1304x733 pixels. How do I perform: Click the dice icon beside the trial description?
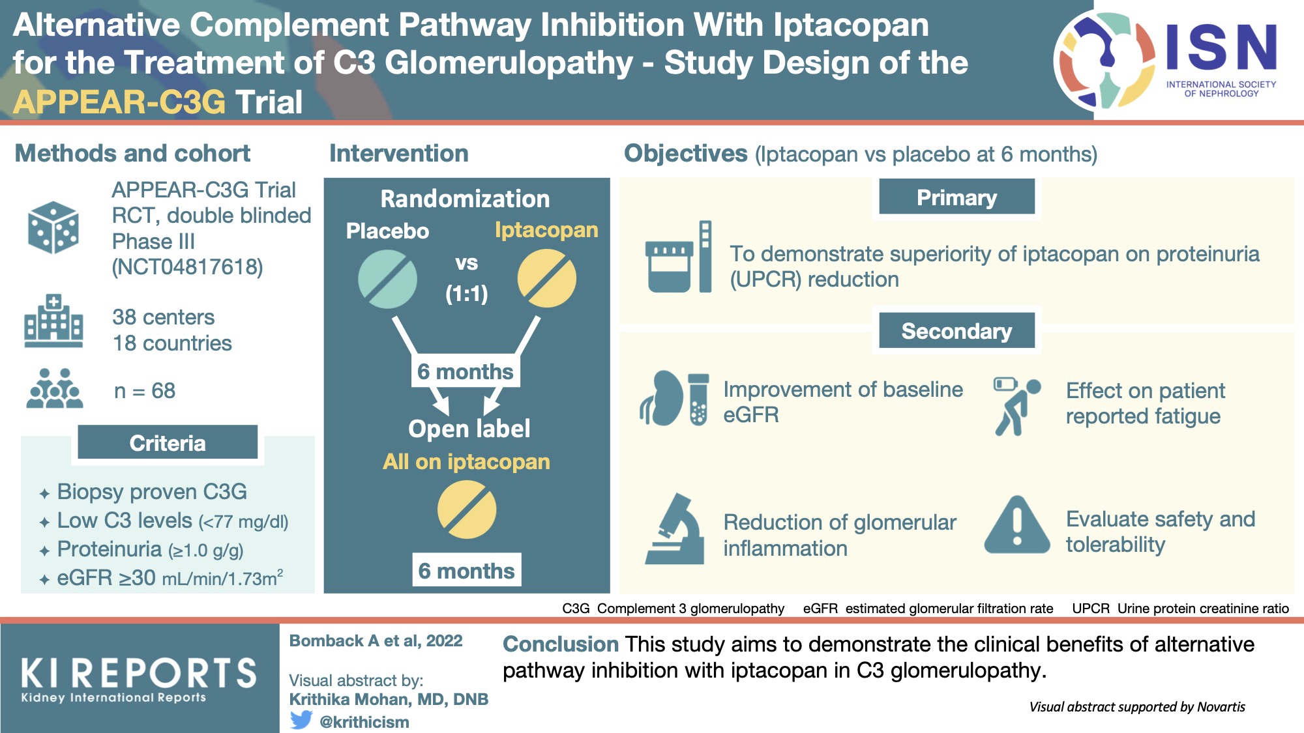53,227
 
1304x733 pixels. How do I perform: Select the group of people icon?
55,389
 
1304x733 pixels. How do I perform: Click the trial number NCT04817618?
188,267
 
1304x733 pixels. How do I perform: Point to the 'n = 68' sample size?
145,391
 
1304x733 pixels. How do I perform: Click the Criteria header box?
168,443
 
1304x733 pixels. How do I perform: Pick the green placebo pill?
388,280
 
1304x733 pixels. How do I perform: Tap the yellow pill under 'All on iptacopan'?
467,510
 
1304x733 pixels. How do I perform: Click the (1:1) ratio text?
467,294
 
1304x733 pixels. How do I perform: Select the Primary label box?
956,197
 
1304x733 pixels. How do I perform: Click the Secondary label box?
956,331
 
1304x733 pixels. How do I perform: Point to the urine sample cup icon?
669,266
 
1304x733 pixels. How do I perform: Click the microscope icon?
675,529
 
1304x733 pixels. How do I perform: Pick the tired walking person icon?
1015,406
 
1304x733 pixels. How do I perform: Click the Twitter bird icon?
301,720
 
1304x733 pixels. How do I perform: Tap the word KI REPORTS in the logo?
139,673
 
